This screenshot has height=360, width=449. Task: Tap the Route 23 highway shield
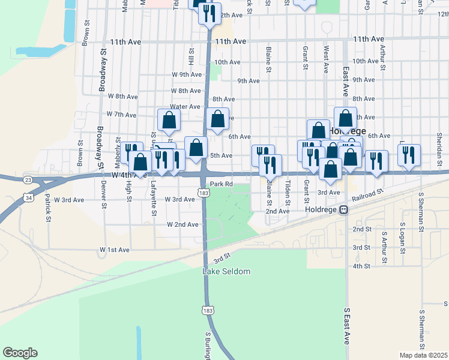(x=28, y=179)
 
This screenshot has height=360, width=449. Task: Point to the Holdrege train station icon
(x=344, y=210)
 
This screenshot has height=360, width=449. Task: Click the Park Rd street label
(x=221, y=184)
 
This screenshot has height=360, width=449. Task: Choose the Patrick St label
(x=48, y=207)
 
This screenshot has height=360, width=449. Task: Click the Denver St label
(x=104, y=196)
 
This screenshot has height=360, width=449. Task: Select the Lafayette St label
(x=154, y=198)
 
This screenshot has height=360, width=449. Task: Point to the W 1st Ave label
(x=115, y=249)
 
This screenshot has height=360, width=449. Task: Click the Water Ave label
(x=185, y=106)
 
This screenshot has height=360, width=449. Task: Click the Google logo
(x=20, y=353)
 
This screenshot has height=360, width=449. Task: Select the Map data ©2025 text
(x=423, y=355)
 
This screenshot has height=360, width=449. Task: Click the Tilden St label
(x=288, y=193)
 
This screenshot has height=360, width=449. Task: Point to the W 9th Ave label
(x=186, y=74)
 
